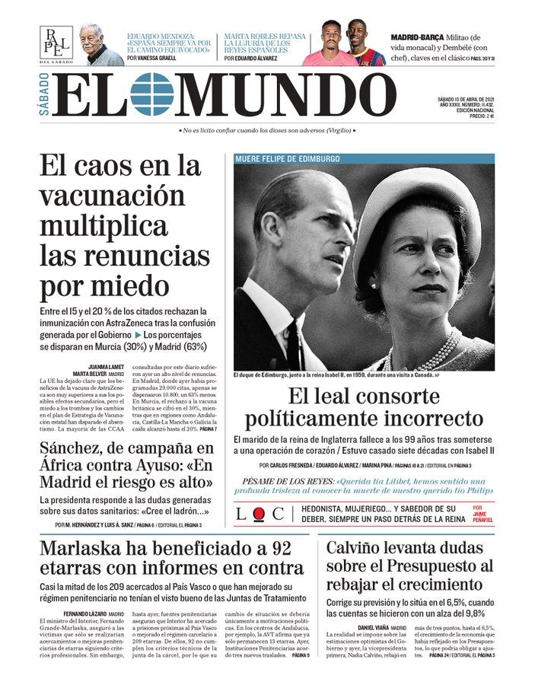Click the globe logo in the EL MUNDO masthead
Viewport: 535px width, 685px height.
click(152, 94)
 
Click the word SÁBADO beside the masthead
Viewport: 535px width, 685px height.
click(43, 94)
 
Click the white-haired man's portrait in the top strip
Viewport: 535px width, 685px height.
click(101, 46)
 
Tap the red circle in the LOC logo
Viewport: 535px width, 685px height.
click(260, 514)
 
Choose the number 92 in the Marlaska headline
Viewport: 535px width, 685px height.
click(281, 550)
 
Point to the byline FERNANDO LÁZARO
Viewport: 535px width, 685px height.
click(84, 613)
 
